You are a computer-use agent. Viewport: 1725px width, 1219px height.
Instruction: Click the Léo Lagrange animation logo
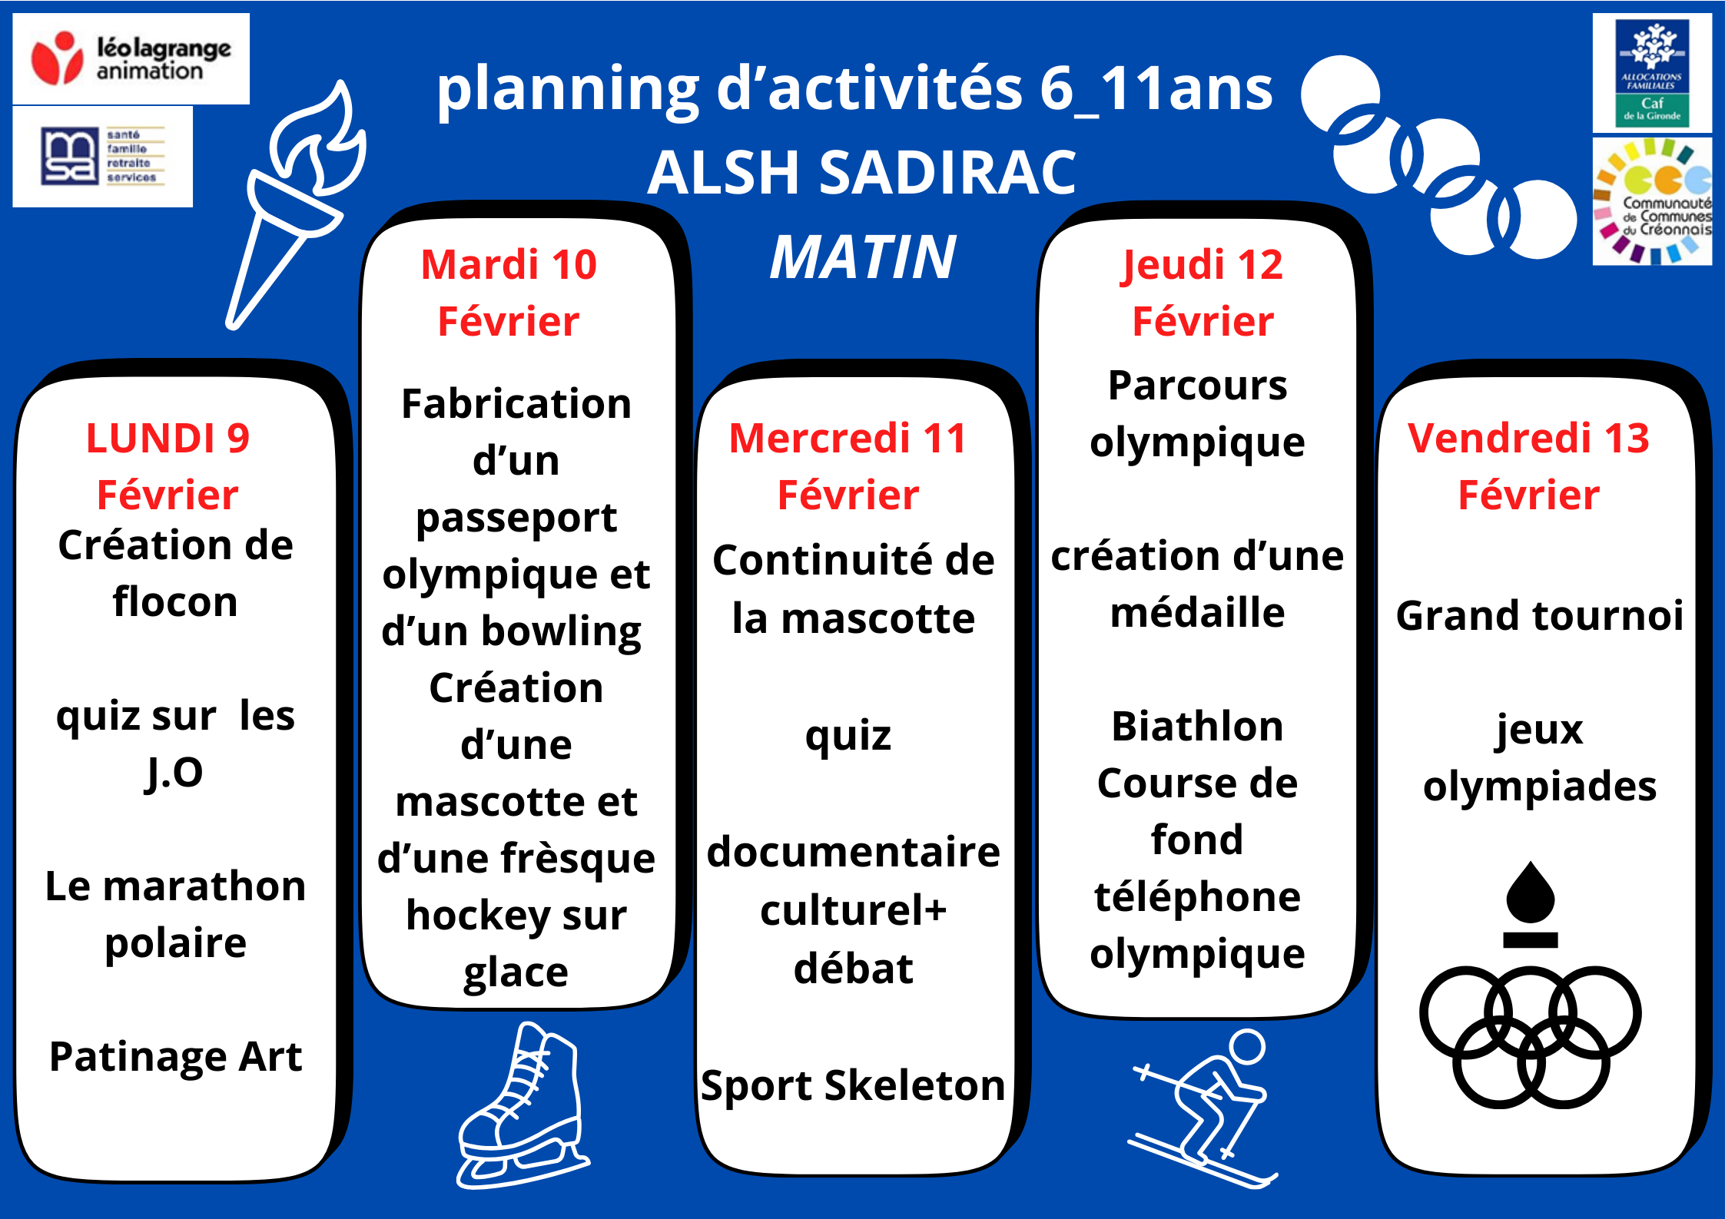131,58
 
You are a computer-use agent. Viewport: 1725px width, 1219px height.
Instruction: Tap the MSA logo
103,157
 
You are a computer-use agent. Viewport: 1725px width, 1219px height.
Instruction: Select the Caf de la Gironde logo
1651,73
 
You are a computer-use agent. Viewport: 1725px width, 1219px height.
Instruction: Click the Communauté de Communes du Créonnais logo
1652,201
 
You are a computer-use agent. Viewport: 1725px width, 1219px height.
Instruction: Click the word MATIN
863,257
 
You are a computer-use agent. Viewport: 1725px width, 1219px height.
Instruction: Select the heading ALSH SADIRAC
862,172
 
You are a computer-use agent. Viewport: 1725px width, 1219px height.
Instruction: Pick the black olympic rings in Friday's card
1531,1037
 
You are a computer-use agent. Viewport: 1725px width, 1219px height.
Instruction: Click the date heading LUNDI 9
168,439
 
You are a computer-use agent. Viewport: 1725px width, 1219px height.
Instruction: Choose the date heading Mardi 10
509,265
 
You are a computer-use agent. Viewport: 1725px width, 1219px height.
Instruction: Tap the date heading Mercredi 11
848,439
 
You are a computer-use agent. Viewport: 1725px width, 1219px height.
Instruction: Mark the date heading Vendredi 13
1529,439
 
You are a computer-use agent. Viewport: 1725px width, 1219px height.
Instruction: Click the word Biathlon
1197,726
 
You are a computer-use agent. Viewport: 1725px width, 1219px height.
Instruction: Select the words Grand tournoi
1539,615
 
